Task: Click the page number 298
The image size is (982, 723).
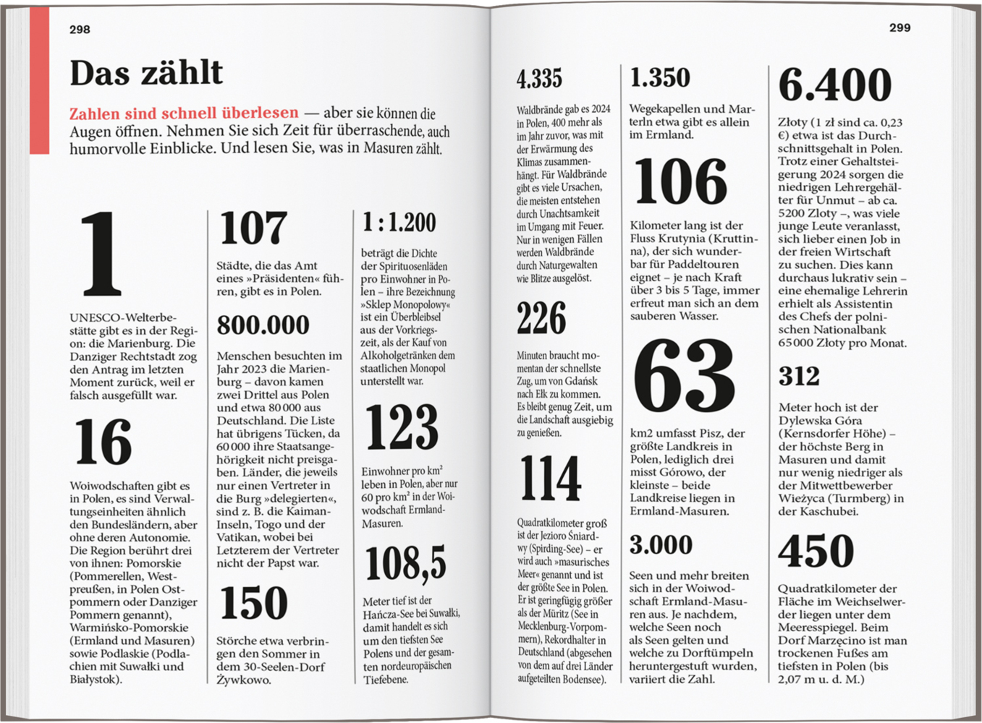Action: click(80, 30)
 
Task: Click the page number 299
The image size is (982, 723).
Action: click(900, 27)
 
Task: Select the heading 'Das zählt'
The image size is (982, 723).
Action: click(146, 73)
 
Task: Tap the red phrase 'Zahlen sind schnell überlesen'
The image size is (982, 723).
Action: click(184, 113)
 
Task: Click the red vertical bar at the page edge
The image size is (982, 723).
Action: click(39, 80)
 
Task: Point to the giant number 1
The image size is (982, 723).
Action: click(101, 254)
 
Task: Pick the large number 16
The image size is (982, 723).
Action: click(103, 442)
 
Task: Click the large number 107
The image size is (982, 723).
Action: click(253, 228)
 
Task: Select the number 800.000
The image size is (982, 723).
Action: click(263, 325)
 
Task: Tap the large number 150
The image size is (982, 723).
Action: click(253, 603)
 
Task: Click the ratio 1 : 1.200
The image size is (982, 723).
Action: click(399, 223)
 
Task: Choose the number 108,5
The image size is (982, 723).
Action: click(405, 563)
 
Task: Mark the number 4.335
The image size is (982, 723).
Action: click(539, 79)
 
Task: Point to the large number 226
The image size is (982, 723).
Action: click(541, 318)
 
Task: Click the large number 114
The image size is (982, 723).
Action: click(550, 479)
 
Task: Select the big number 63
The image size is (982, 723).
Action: click(684, 378)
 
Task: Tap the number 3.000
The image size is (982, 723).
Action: click(661, 545)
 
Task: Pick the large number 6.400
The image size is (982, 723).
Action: click(835, 85)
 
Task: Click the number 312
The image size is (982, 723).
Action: click(799, 377)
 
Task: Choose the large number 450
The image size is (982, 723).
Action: click(816, 551)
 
